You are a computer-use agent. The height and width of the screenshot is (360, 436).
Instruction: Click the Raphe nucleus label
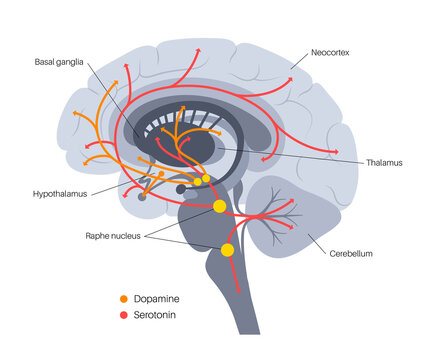click(x=113, y=235)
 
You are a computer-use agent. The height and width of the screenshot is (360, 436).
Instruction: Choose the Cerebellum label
click(x=351, y=254)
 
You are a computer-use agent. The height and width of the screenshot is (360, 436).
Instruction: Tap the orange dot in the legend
click(x=124, y=298)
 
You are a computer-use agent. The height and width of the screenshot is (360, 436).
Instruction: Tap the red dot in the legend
click(x=124, y=315)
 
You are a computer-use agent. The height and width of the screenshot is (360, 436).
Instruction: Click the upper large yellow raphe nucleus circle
click(x=220, y=207)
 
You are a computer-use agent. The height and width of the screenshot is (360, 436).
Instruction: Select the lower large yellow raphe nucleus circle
click(x=228, y=250)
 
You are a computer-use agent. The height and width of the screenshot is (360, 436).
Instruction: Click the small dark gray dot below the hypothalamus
click(x=181, y=189)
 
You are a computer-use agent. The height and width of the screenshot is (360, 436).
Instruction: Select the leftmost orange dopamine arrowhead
click(x=85, y=160)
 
